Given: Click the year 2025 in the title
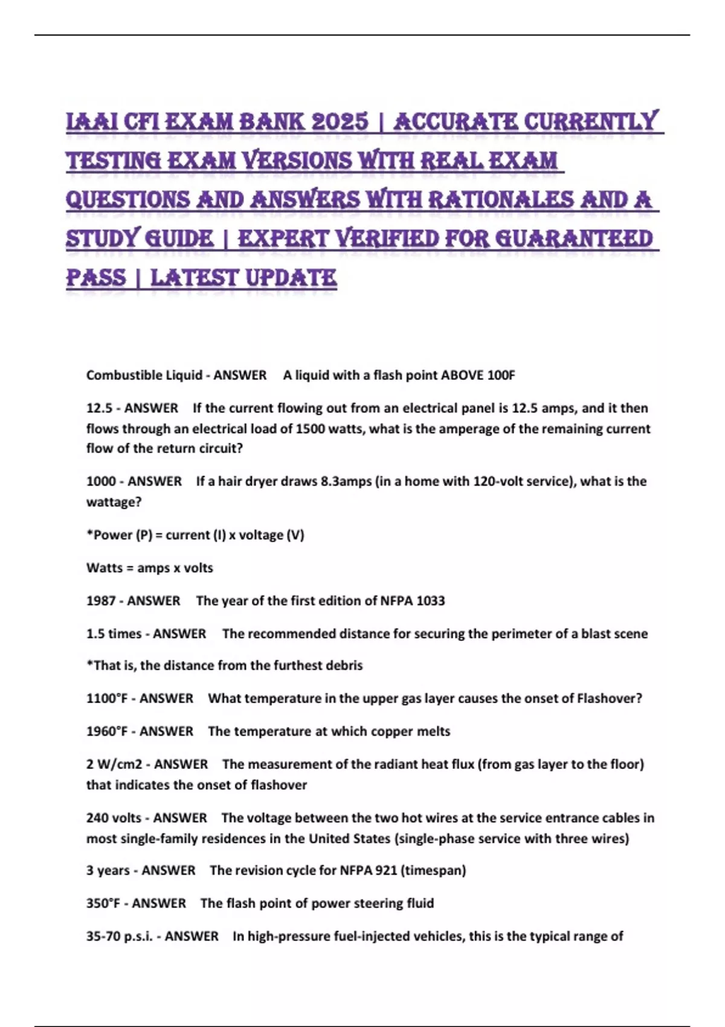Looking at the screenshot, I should pos(339,121).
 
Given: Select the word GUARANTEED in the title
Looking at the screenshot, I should pos(574,239).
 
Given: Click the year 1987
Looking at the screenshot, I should pos(100,601).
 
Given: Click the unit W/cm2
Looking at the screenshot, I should pos(119,765).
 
